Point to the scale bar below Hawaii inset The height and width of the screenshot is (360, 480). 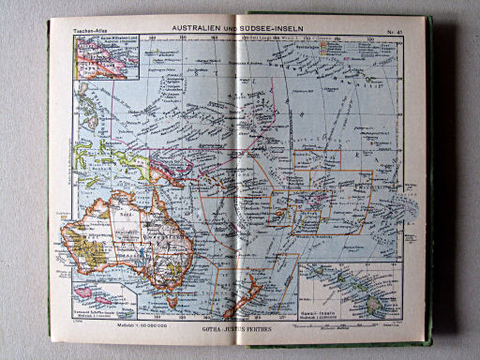pyautogui.click(x=346, y=318)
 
